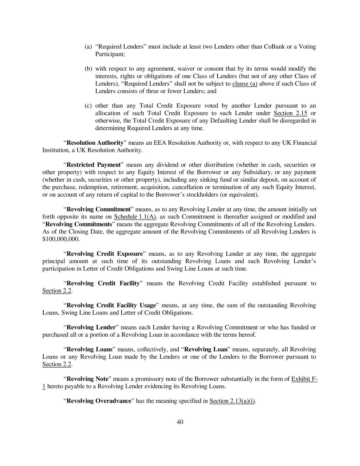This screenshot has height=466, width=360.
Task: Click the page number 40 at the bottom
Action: [180, 422]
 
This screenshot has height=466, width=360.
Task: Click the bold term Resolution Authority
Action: [95, 143]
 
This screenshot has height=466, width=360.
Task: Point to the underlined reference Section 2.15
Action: [288, 113]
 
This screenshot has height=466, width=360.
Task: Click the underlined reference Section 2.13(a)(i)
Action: [232, 401]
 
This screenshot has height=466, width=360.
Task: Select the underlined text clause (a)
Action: [245, 84]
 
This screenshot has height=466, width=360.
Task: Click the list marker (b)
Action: [88, 69]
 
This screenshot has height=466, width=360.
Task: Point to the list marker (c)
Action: [88, 106]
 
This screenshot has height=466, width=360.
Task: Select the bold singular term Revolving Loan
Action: [206, 349]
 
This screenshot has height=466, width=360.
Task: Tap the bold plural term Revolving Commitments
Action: [79, 224]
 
